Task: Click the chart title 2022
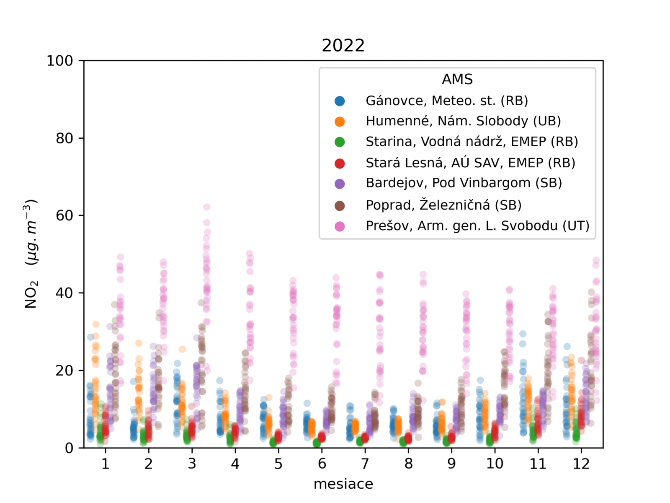[343, 45]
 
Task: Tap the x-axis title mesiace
[343, 484]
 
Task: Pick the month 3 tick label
[192, 464]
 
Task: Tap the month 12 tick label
[581, 464]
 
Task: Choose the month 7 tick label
[365, 464]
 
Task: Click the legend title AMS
[457, 79]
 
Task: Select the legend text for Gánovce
[446, 101]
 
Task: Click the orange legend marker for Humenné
[340, 122]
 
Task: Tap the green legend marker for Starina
[340, 142]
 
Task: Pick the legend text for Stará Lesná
[470, 163]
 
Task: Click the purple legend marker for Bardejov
[340, 184]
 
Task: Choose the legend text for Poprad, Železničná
[443, 205]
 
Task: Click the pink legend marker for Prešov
[340, 226]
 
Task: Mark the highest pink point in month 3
[206, 207]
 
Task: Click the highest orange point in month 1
[96, 324]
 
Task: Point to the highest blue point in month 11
[523, 334]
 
